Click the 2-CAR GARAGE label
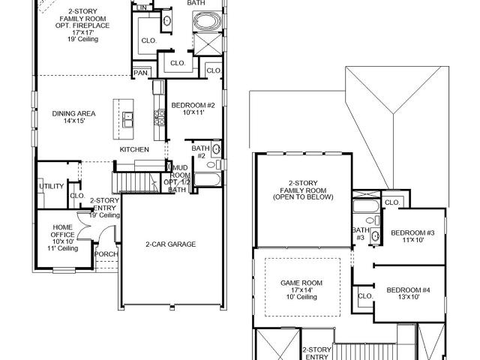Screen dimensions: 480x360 click(x=170, y=244)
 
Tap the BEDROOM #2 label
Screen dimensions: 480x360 click(x=193, y=105)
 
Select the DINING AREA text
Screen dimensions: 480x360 click(x=73, y=113)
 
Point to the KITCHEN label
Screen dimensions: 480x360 click(x=134, y=149)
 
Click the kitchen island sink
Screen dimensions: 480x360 click(x=127, y=119)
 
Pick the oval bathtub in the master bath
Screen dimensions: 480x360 click(x=207, y=22)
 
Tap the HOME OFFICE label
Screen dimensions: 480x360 click(x=63, y=231)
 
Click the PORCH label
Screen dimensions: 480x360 click(x=106, y=254)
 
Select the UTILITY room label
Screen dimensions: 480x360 click(x=52, y=186)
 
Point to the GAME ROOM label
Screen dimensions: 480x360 click(x=301, y=283)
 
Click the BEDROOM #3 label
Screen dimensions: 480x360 click(x=412, y=232)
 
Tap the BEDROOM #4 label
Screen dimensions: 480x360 click(x=408, y=290)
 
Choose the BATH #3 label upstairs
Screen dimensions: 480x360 click(x=361, y=233)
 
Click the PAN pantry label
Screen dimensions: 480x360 click(x=140, y=73)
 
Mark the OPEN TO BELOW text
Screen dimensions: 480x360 click(x=303, y=197)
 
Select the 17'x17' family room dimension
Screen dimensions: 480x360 click(x=82, y=32)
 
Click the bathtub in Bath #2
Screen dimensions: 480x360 click(x=208, y=180)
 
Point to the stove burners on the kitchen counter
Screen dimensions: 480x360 click(x=160, y=118)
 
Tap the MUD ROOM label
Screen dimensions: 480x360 click(x=180, y=172)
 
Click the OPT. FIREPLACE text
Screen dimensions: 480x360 click(x=82, y=25)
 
